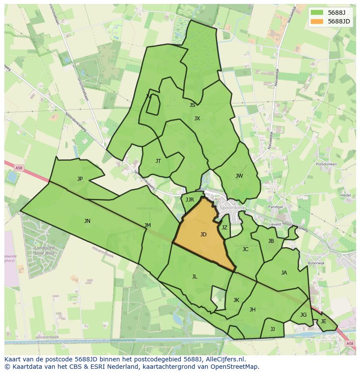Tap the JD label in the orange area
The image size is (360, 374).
pos(203,235)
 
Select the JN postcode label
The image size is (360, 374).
pos(87,221)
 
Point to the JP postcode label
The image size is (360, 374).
pos(80,179)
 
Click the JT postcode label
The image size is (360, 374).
pos(158,161)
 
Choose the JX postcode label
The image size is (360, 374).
pos(197,119)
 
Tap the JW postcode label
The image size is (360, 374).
pos(239,176)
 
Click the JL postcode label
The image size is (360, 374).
pos(194,277)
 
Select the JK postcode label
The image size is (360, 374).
pos(236,300)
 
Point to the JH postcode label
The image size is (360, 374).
pos(252,310)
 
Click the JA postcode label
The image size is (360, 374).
pos(284,273)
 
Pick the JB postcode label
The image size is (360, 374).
pos(271,241)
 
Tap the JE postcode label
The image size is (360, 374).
pos(323,321)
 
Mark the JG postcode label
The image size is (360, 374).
pos(303,315)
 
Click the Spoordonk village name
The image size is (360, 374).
pos(232,208)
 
